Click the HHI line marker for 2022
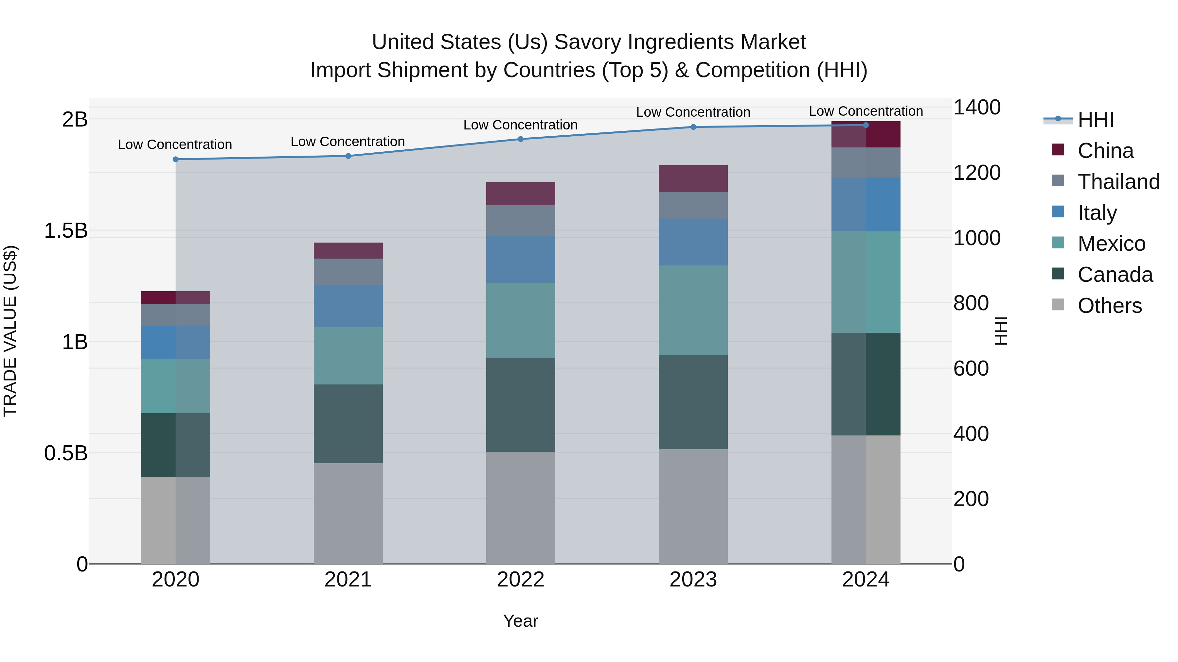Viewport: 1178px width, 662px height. click(520, 139)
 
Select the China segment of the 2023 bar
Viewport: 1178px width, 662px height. click(693, 178)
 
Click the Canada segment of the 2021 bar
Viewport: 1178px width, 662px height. click(348, 424)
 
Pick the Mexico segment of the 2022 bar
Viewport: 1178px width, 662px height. click(520, 320)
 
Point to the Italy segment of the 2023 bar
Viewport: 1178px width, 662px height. click(693, 242)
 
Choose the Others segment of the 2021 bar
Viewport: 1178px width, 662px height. click(348, 514)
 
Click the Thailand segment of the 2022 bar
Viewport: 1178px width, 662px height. click(520, 221)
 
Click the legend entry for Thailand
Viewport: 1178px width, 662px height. click(1118, 182)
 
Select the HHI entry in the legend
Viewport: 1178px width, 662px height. click(1095, 120)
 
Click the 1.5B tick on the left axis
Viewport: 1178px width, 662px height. click(65, 231)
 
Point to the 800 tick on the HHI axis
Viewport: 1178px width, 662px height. click(971, 303)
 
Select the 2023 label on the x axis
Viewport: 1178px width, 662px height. click(693, 580)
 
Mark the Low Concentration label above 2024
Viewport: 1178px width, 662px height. click(866, 111)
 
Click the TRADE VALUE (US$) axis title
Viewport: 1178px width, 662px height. click(10, 331)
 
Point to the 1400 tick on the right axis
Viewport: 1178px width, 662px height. click(977, 108)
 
